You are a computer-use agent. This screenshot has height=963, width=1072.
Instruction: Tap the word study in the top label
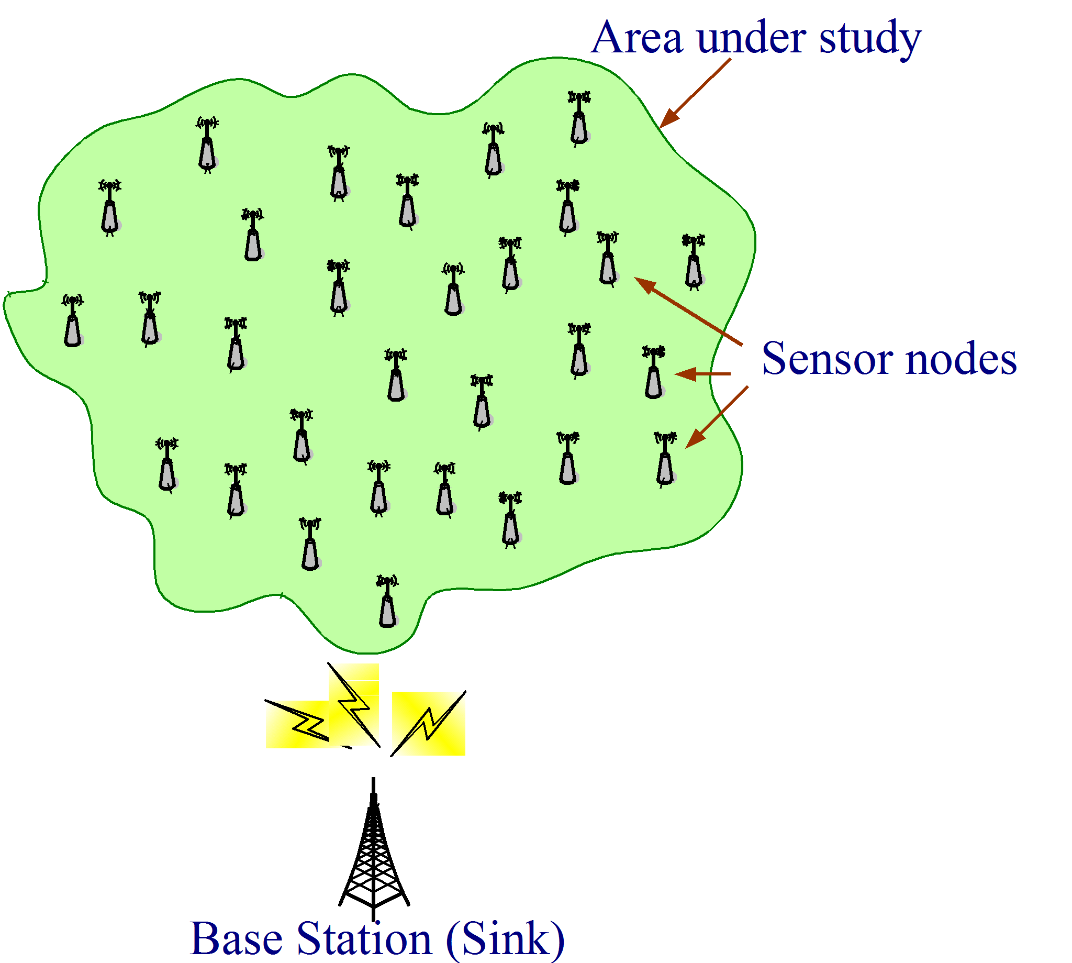click(870, 38)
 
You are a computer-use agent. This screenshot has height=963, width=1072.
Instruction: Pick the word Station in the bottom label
click(364, 939)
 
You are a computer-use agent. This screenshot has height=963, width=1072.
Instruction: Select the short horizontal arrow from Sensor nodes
click(702, 374)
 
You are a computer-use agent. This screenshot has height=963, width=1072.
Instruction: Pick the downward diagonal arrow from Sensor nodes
click(717, 417)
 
